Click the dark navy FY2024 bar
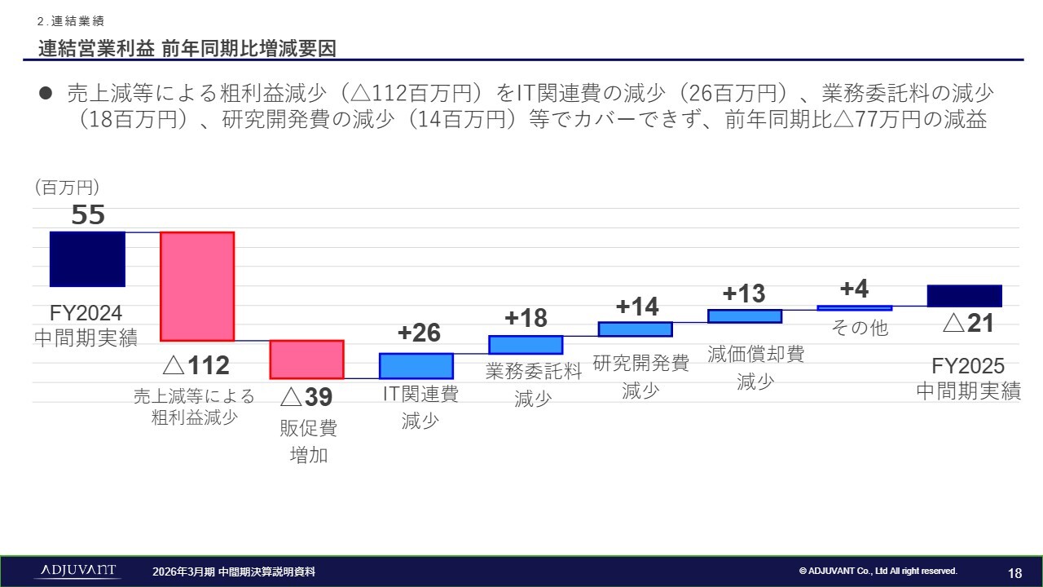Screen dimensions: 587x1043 click(87, 258)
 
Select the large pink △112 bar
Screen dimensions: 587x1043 click(197, 286)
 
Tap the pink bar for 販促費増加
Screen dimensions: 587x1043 click(306, 360)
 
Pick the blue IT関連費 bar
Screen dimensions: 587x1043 click(416, 365)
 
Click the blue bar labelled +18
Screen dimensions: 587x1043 click(526, 344)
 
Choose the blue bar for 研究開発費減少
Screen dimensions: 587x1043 click(635, 329)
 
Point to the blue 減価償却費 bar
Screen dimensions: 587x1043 click(745, 316)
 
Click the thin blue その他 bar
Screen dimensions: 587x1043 click(854, 307)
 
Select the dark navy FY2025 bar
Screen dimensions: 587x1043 click(964, 295)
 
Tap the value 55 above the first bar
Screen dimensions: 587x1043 click(88, 215)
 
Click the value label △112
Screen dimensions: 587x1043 click(196, 366)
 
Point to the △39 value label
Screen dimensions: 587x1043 click(306, 397)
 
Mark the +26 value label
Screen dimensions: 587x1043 click(419, 333)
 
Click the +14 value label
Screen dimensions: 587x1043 click(637, 307)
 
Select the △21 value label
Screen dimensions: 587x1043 click(969, 324)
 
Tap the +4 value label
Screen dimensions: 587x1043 click(854, 289)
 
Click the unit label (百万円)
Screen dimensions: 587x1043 click(67, 188)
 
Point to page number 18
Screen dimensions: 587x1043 click(1014, 572)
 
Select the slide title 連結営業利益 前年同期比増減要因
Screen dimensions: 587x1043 click(187, 48)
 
